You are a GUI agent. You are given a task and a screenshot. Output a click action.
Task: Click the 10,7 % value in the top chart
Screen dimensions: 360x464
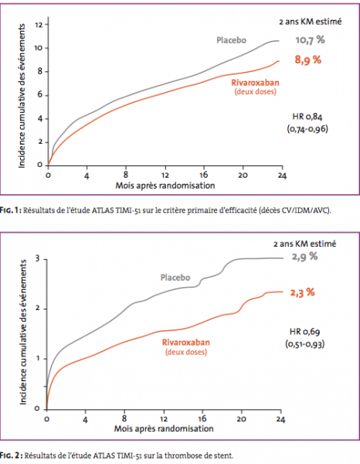[310, 40]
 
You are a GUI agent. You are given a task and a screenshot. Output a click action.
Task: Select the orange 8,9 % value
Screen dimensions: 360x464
[307, 60]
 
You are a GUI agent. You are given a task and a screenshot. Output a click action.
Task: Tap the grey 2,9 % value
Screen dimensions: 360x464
[304, 257]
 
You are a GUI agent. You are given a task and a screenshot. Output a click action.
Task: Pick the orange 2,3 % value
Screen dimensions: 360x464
[302, 292]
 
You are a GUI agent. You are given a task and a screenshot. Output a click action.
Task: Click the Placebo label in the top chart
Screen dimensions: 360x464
[232, 40]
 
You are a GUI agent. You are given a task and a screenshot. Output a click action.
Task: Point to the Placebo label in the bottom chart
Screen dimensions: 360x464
[175, 278]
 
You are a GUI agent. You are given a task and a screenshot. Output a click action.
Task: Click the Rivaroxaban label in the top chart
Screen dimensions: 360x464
[255, 83]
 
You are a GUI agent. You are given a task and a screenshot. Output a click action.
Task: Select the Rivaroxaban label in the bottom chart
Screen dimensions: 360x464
[186, 343]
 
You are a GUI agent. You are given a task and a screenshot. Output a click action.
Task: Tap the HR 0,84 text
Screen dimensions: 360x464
[307, 117]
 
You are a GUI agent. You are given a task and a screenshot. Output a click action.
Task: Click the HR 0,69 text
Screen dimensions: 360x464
[304, 332]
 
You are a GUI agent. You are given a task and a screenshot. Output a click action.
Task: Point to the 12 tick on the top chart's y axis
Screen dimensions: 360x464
[39, 25]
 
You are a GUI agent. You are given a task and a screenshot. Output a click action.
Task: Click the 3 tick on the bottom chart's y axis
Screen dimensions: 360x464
[37, 258]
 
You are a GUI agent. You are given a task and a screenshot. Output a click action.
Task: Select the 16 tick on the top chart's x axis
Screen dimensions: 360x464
[203, 176]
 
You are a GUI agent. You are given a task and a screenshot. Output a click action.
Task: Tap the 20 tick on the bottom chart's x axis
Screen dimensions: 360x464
[241, 419]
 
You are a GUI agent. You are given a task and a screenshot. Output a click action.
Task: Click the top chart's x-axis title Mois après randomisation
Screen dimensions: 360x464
[165, 186]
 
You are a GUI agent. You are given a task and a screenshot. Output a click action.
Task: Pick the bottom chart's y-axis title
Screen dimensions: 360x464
[23, 332]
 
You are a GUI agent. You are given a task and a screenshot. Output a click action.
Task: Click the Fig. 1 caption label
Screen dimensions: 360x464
[10, 210]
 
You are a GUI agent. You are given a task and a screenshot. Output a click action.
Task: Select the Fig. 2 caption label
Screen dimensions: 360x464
[11, 455]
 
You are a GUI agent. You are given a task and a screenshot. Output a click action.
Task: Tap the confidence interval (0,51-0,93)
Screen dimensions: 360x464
[304, 344]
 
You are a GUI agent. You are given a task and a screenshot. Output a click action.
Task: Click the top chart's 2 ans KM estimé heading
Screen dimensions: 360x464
[311, 22]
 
